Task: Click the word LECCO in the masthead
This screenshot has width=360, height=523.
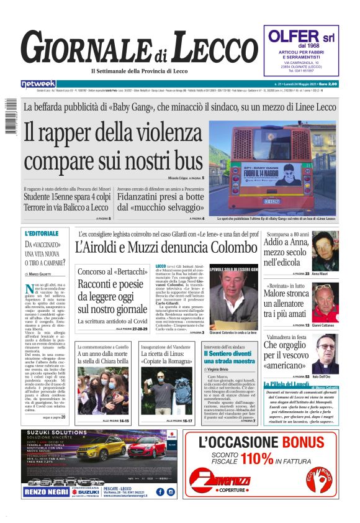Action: (x=207, y=50)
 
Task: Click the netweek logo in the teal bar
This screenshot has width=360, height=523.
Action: (x=38, y=84)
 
